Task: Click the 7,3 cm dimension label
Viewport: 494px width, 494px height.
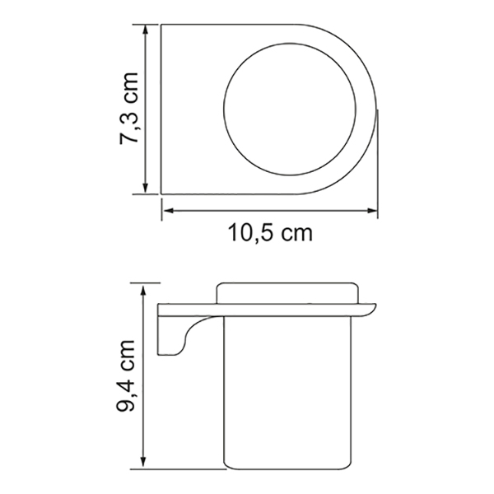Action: click(129, 109)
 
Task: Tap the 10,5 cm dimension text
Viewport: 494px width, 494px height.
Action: click(270, 233)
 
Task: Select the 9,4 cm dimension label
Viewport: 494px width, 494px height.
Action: click(125, 375)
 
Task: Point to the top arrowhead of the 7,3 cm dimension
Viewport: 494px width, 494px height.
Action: click(145, 30)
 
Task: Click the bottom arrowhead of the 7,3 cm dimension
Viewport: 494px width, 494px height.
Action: click(145, 189)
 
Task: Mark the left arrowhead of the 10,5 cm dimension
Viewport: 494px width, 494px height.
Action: click(168, 211)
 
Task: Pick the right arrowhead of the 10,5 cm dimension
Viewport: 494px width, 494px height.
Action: click(372, 211)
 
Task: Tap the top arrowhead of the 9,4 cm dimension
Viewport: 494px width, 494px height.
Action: click(143, 290)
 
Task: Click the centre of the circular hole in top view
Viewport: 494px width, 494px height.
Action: click(290, 109)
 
